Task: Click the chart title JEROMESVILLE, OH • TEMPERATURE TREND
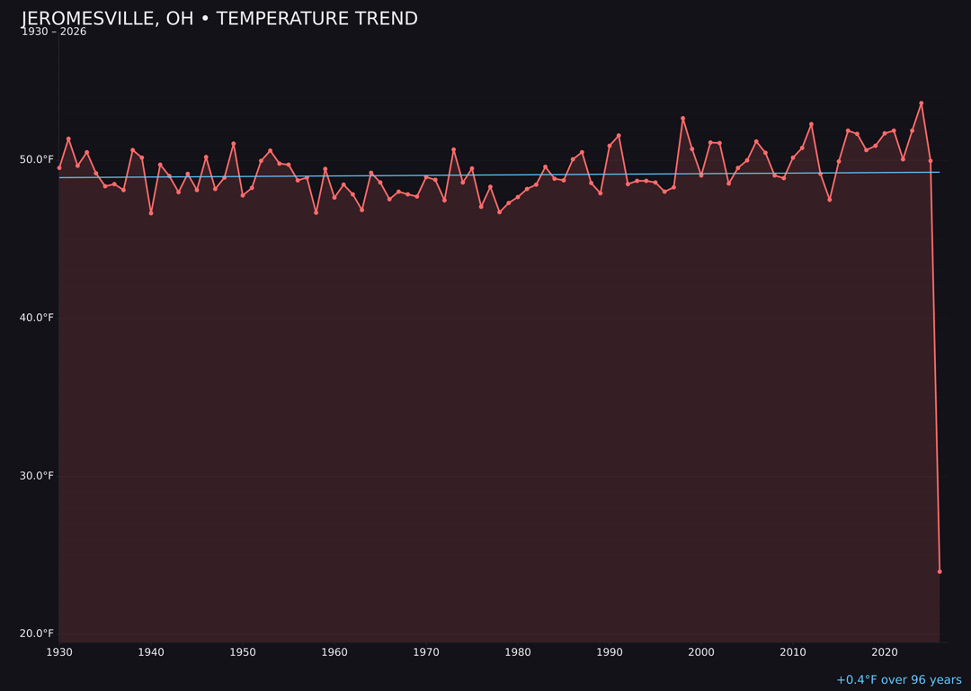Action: click(219, 19)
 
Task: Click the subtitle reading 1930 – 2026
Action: click(54, 32)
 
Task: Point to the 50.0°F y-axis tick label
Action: click(37, 160)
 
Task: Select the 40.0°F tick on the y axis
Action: click(37, 318)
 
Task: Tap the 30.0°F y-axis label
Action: click(37, 476)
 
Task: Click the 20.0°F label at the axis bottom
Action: click(37, 633)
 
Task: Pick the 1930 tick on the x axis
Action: click(59, 652)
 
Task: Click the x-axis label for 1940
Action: click(151, 652)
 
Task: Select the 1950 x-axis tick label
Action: click(243, 652)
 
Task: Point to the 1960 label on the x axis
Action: click(334, 652)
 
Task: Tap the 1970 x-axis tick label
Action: click(426, 652)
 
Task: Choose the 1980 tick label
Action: click(518, 652)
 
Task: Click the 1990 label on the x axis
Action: click(610, 652)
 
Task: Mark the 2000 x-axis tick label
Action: click(701, 652)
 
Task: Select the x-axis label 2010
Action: click(793, 652)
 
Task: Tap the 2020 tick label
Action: click(885, 652)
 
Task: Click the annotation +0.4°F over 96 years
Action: click(898, 680)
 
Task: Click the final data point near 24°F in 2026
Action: click(940, 571)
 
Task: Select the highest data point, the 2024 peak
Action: click(921, 103)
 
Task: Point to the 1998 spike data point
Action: click(682, 119)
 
